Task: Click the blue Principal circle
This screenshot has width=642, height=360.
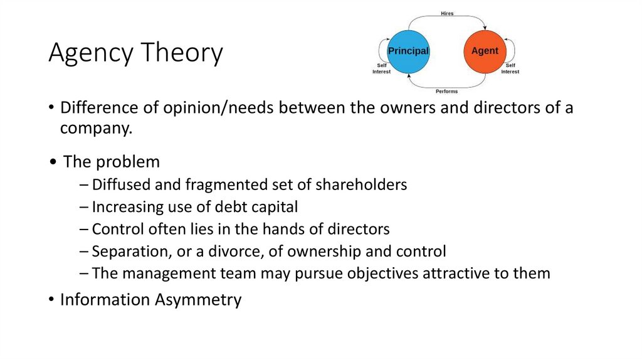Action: click(x=408, y=51)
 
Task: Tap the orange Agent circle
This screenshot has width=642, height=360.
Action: click(x=484, y=51)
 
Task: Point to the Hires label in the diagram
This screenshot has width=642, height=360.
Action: click(x=446, y=13)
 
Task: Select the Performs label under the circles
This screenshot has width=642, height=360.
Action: click(x=446, y=92)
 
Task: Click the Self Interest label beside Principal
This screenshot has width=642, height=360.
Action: click(x=381, y=68)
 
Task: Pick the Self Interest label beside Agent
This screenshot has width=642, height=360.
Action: click(x=510, y=68)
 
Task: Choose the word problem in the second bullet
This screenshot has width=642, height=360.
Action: click(x=128, y=162)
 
